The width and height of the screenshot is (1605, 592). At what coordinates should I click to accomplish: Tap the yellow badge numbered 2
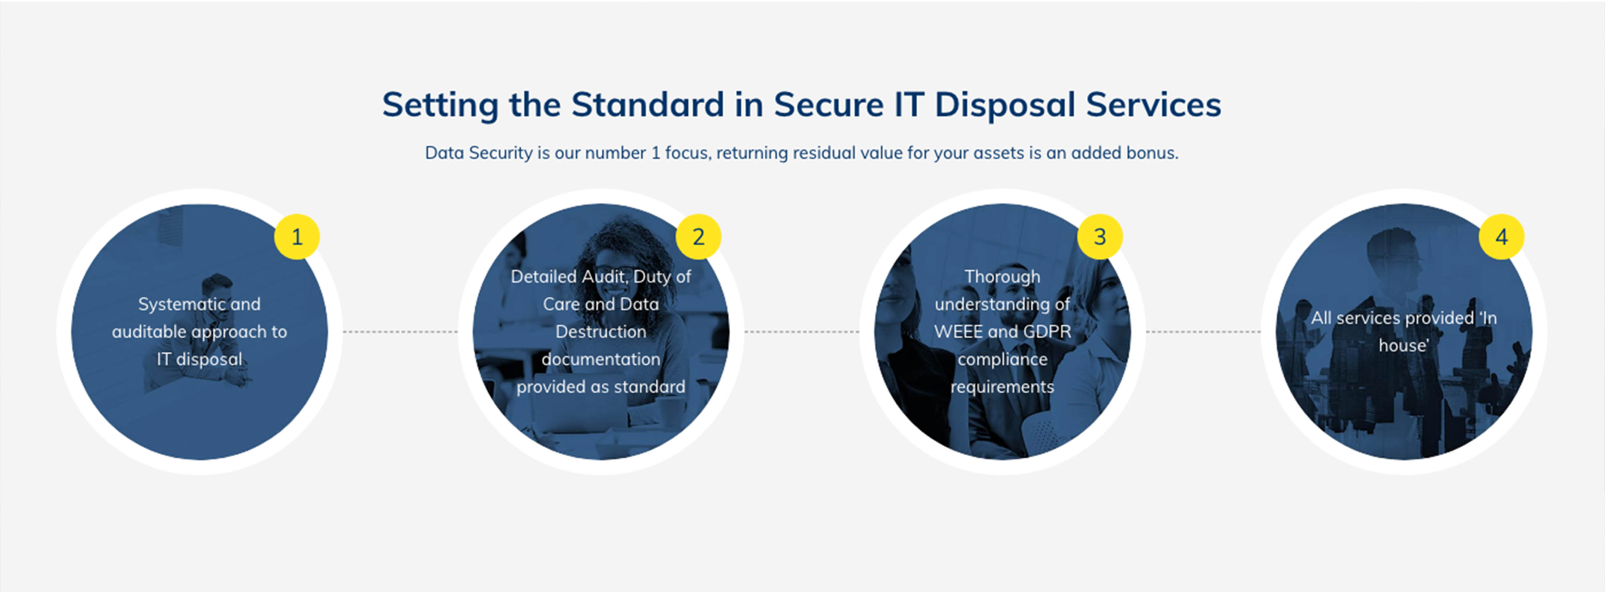pyautogui.click(x=698, y=236)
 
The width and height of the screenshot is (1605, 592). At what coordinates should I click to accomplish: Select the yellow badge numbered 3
pyautogui.click(x=1100, y=236)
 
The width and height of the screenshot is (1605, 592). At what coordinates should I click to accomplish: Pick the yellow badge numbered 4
pyautogui.click(x=1502, y=236)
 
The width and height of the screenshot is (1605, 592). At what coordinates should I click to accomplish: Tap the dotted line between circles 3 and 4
pyautogui.click(x=1203, y=332)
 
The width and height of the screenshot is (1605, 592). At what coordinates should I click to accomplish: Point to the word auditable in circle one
pyautogui.click(x=149, y=332)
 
